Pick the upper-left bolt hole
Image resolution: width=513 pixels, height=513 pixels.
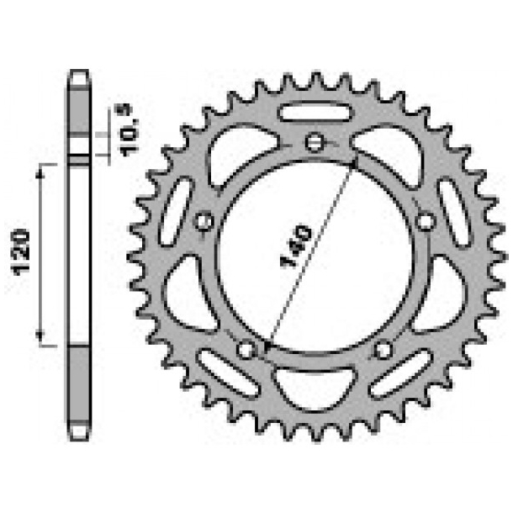pyautogui.click(x=203, y=221)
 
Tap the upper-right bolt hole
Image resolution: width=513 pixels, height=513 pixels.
pyautogui.click(x=426, y=221)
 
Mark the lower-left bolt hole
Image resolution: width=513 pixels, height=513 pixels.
pyautogui.click(x=246, y=349)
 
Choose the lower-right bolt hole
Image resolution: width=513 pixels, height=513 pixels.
pyautogui.click(x=383, y=349)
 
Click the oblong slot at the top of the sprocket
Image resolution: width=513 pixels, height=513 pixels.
pyautogui.click(x=315, y=111)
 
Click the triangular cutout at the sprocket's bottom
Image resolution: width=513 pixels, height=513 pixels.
pyautogui.click(x=315, y=387)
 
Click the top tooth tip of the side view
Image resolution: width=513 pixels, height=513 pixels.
pyautogui.click(x=78, y=75)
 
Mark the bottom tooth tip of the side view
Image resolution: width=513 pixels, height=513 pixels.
pyautogui.click(x=78, y=435)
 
